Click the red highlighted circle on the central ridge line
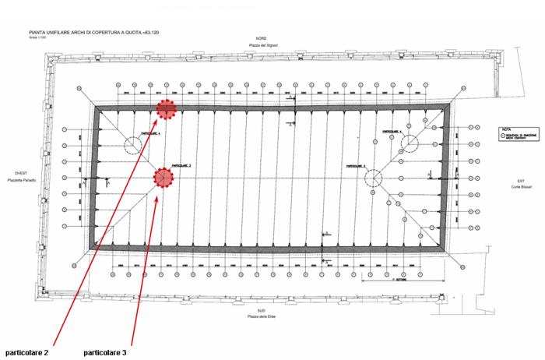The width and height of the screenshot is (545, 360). (163, 178)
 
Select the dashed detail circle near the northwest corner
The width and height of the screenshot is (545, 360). (137, 143)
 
